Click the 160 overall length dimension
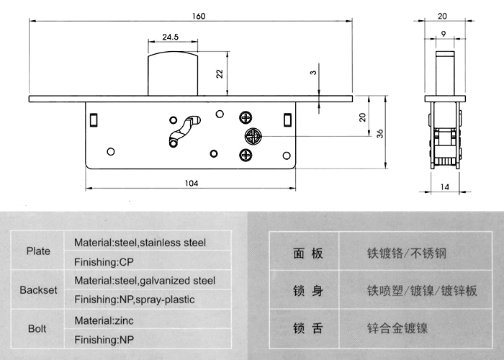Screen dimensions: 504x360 point(199,16)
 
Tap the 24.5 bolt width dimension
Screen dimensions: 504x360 point(171,37)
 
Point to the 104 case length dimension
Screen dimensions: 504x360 point(192,183)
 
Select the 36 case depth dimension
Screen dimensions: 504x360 point(380,134)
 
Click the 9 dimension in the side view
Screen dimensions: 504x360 point(444,34)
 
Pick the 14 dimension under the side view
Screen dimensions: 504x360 point(444,186)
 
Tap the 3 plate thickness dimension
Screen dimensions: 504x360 point(313,73)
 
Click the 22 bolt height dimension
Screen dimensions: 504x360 point(220,73)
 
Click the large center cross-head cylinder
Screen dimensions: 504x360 point(253,136)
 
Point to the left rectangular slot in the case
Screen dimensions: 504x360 point(94,120)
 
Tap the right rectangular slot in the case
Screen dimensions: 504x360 point(288,120)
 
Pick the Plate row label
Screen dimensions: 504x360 point(38,251)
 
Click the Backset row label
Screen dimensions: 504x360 point(38,290)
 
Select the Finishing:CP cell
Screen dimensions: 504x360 point(104,262)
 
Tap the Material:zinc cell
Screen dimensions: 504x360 point(104,320)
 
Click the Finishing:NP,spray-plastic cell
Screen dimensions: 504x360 point(135,300)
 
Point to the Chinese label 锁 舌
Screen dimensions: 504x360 point(308,328)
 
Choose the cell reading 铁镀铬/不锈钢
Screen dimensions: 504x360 point(407,253)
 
